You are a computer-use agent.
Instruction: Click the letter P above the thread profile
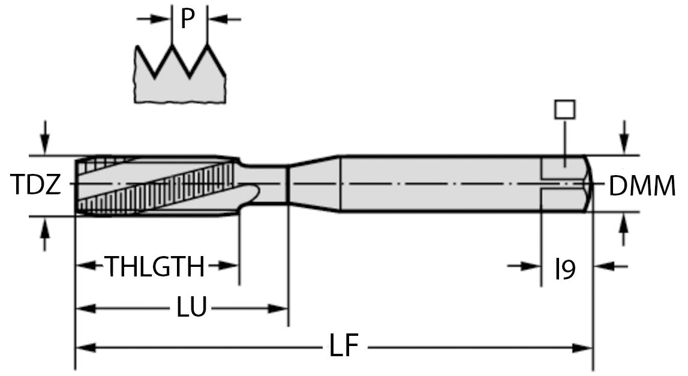click(188, 19)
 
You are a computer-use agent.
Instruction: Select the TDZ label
click(35, 184)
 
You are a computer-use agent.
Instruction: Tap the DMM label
click(642, 185)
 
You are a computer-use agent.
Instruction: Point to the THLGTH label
click(156, 266)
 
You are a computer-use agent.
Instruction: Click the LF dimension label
click(344, 346)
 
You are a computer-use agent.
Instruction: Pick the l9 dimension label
click(565, 269)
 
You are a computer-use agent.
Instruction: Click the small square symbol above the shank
click(564, 109)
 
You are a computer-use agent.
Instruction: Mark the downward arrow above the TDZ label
click(44, 137)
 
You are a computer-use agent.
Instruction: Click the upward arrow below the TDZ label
click(44, 233)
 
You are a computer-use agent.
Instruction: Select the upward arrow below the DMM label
click(624, 229)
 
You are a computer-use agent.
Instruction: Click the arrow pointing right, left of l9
click(524, 266)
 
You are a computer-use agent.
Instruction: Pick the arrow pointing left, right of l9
click(611, 266)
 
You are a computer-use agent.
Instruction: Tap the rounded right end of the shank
click(588, 184)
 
